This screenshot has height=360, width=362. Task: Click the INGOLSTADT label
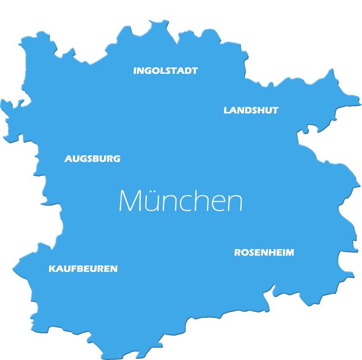coord(165,71)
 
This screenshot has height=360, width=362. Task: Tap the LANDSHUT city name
coord(251,110)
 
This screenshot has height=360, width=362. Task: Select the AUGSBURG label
coord(92,159)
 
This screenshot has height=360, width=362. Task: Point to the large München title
coord(180,201)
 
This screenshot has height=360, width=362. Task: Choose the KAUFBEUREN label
coord(83,269)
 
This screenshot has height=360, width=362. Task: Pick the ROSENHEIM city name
coord(264,253)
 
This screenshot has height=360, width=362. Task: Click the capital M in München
coord(130,201)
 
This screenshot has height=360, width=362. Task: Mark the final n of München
coord(235,203)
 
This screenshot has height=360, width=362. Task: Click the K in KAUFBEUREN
coord(52,269)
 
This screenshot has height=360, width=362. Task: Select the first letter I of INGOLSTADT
coord(135,71)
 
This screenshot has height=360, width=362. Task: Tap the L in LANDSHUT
coord(226,110)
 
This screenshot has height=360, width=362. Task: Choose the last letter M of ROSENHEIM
coord(290,253)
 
